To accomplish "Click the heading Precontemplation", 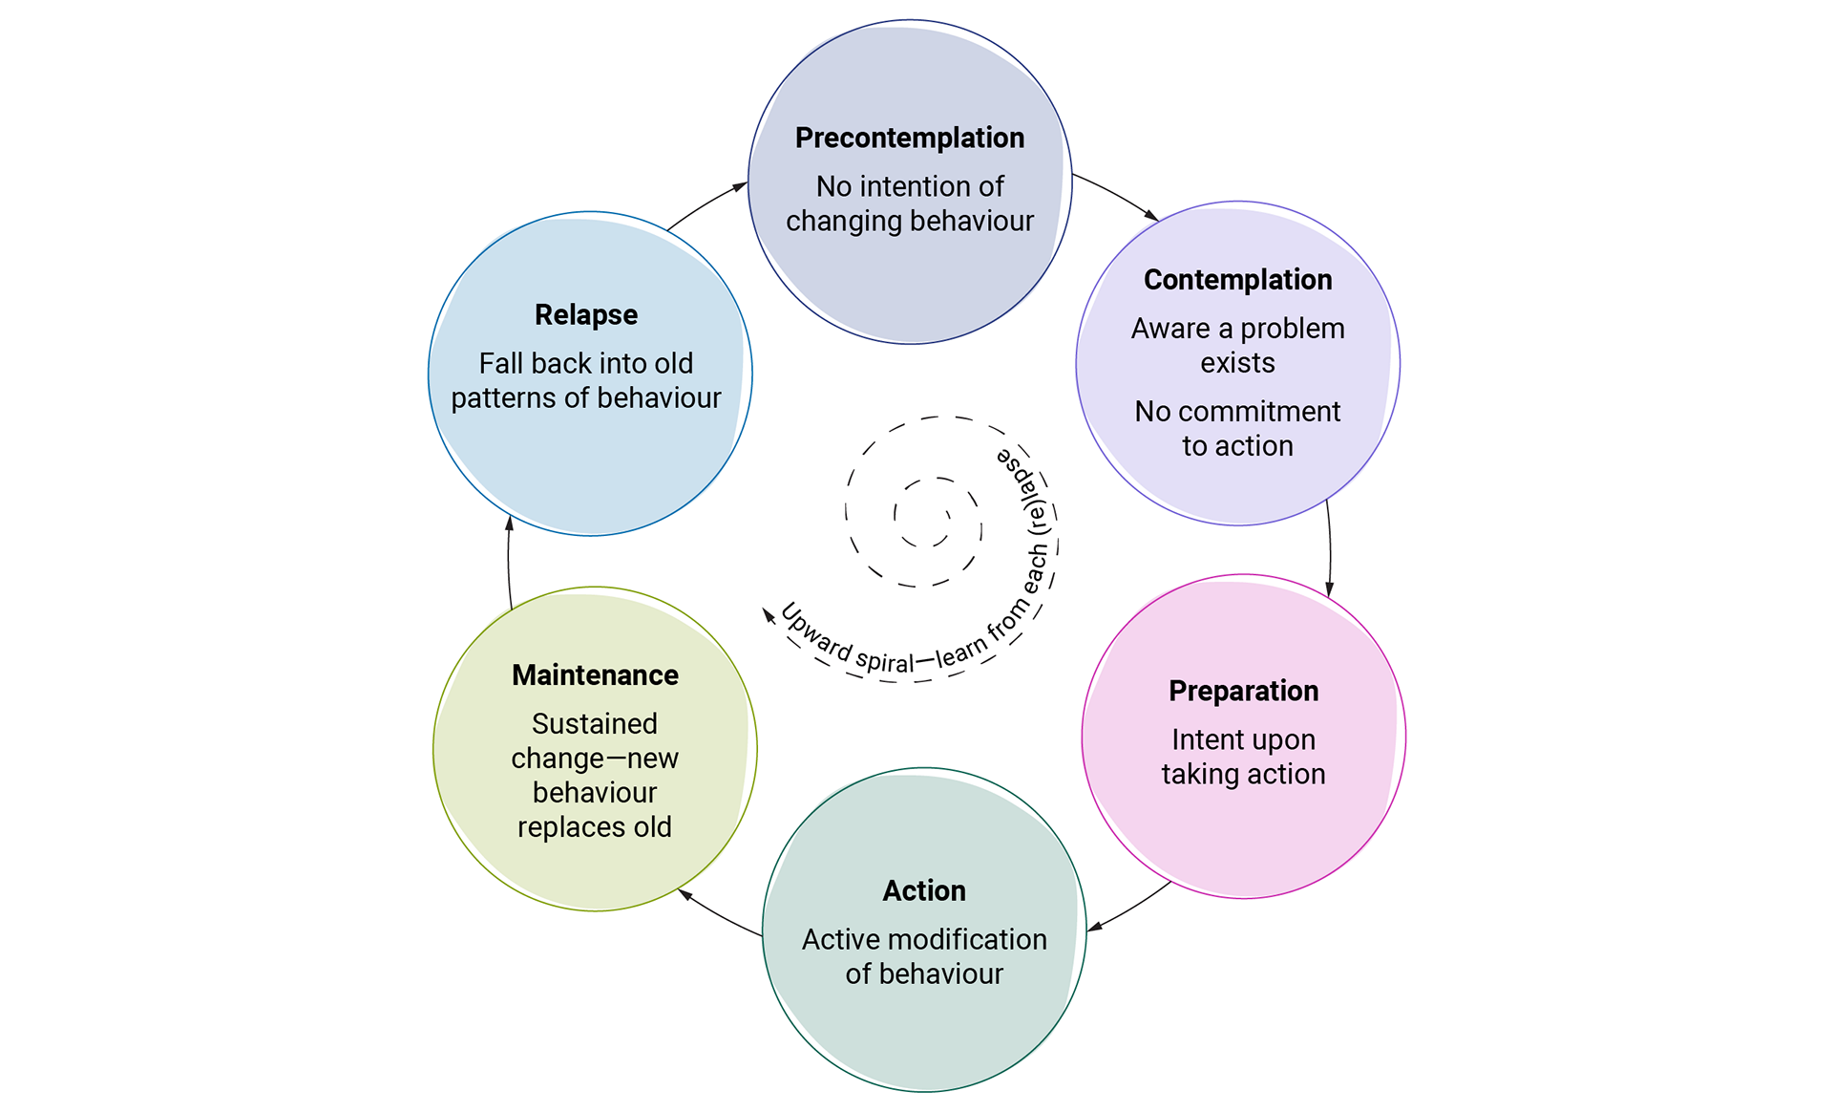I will (910, 139).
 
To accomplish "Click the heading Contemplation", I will (1237, 280).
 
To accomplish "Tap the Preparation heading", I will (1243, 692).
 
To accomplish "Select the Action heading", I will (924, 891).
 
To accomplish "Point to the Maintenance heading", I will (595, 675).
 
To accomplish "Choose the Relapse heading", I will (586, 315).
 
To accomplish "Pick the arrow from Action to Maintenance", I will (718, 913).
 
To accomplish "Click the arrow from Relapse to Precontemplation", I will (707, 203).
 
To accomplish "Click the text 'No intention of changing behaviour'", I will (910, 203).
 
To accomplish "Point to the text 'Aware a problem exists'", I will (1237, 346).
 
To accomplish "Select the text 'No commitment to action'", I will (1237, 429).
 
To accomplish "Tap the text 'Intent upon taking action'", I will (1243, 757).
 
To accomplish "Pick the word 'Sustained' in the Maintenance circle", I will (595, 724).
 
